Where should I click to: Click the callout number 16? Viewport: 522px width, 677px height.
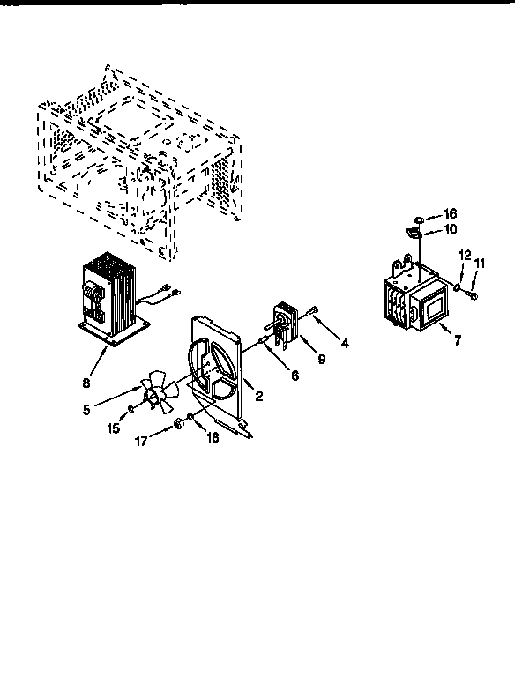coord(451,214)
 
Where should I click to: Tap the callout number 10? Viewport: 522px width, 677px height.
coord(451,229)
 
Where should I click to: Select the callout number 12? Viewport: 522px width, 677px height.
coord(465,256)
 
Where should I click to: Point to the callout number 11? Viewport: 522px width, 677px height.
coord(481,263)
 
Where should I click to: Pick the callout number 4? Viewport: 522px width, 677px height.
coord(345,344)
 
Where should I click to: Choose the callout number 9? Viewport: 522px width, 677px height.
coord(321,359)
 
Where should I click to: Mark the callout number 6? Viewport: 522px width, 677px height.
coord(295,375)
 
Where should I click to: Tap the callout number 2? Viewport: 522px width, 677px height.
coord(259,397)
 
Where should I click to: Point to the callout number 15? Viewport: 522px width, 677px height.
coord(112,428)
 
